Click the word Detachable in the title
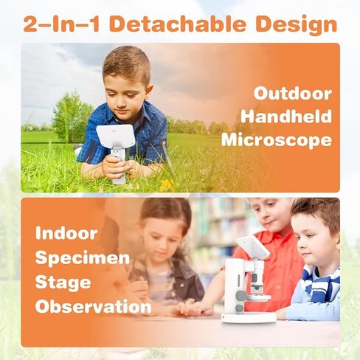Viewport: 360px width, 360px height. [x=179, y=24]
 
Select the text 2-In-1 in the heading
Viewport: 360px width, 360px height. [x=61, y=24]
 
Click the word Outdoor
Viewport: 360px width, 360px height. [x=293, y=94]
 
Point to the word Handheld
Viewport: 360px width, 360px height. [x=286, y=117]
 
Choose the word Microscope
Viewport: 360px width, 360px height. [x=277, y=140]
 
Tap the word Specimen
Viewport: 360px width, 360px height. [x=83, y=259]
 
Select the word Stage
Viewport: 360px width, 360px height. [x=63, y=283]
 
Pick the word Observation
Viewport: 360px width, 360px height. [x=93, y=306]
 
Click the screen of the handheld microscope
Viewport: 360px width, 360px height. [x=116, y=136]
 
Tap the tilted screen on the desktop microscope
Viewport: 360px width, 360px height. [x=253, y=247]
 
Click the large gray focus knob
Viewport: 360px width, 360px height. [x=241, y=295]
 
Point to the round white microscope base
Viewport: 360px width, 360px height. [x=249, y=317]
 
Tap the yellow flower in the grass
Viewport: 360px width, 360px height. [x=167, y=184]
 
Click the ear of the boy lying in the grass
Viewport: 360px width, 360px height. [x=148, y=91]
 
